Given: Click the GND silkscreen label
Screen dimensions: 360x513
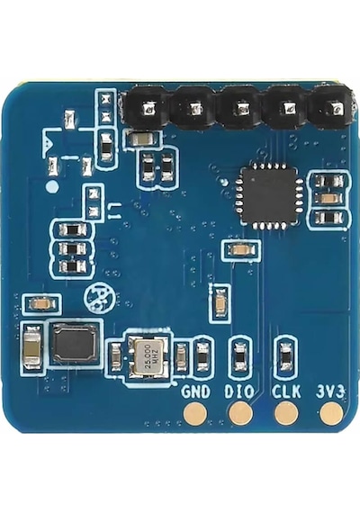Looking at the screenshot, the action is click(195, 391).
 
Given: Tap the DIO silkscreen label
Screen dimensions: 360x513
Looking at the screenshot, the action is click(239, 391).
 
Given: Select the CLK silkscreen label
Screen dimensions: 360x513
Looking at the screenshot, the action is click(286, 391).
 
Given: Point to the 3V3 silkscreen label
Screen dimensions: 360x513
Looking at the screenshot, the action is click(330, 391).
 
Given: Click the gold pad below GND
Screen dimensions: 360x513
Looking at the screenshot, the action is click(195, 413).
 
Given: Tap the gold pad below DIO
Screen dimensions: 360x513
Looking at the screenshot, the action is click(241, 413).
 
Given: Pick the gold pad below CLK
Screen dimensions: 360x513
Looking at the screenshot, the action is click(286, 413).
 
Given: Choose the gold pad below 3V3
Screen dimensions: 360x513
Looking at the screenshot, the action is click(332, 413).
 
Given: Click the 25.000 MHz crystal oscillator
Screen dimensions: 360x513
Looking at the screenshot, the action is click(149, 356).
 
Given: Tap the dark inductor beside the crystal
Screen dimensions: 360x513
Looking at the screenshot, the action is click(76, 343).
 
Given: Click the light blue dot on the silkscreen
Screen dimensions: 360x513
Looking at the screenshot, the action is click(52, 187).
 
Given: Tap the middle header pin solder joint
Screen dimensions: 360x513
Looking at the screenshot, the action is click(242, 108).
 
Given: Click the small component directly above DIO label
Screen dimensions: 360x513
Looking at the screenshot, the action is click(240, 356).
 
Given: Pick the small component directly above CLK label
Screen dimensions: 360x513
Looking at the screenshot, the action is click(286, 356).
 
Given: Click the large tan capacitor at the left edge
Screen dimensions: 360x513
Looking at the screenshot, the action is click(31, 347).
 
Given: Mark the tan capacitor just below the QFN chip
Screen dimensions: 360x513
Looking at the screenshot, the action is click(241, 250).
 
